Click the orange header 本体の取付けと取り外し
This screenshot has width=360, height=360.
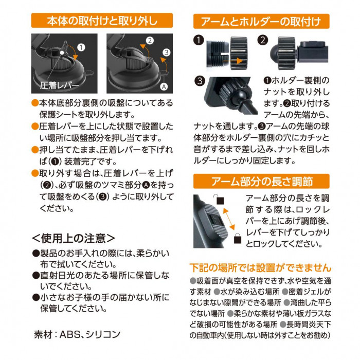102,21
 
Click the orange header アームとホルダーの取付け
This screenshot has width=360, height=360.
261,22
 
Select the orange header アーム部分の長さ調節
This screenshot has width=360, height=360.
261,181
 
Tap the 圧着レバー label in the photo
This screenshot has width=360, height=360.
59,85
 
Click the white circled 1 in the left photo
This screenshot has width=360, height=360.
81,47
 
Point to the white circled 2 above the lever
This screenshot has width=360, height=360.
150,41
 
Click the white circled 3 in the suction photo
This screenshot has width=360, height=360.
167,52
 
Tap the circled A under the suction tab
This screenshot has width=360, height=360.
164,87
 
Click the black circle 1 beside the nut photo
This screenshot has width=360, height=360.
199,41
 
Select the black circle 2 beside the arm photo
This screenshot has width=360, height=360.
263,40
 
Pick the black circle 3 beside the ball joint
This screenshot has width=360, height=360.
200,81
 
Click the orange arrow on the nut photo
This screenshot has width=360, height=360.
232,61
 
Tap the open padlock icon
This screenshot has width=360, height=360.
219,200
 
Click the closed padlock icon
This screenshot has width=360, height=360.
238,238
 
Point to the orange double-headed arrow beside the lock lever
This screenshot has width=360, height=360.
229,219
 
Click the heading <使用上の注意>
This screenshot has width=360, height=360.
73,238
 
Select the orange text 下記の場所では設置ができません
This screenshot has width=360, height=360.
260,268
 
